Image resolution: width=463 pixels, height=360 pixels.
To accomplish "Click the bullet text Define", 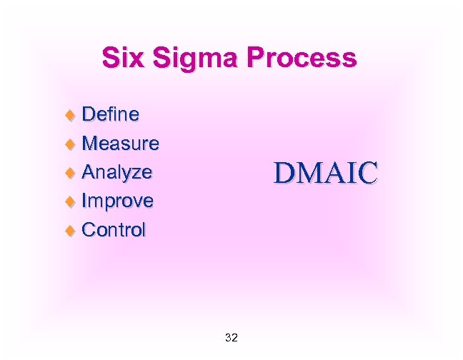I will pyautogui.click(x=111, y=114).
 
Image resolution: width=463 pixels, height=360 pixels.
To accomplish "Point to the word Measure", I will pyautogui.click(x=120, y=143).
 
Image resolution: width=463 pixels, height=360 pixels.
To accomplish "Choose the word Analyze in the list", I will pyautogui.click(x=116, y=172).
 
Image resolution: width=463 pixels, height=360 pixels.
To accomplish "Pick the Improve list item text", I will pyautogui.click(x=117, y=201).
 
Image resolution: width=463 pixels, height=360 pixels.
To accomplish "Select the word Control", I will pyautogui.click(x=114, y=230).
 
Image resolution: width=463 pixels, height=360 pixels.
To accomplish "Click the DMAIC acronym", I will pyautogui.click(x=325, y=174).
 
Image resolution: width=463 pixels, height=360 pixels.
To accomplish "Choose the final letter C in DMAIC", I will pyautogui.click(x=367, y=174).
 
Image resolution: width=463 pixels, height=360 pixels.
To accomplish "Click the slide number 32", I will pyautogui.click(x=231, y=337).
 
